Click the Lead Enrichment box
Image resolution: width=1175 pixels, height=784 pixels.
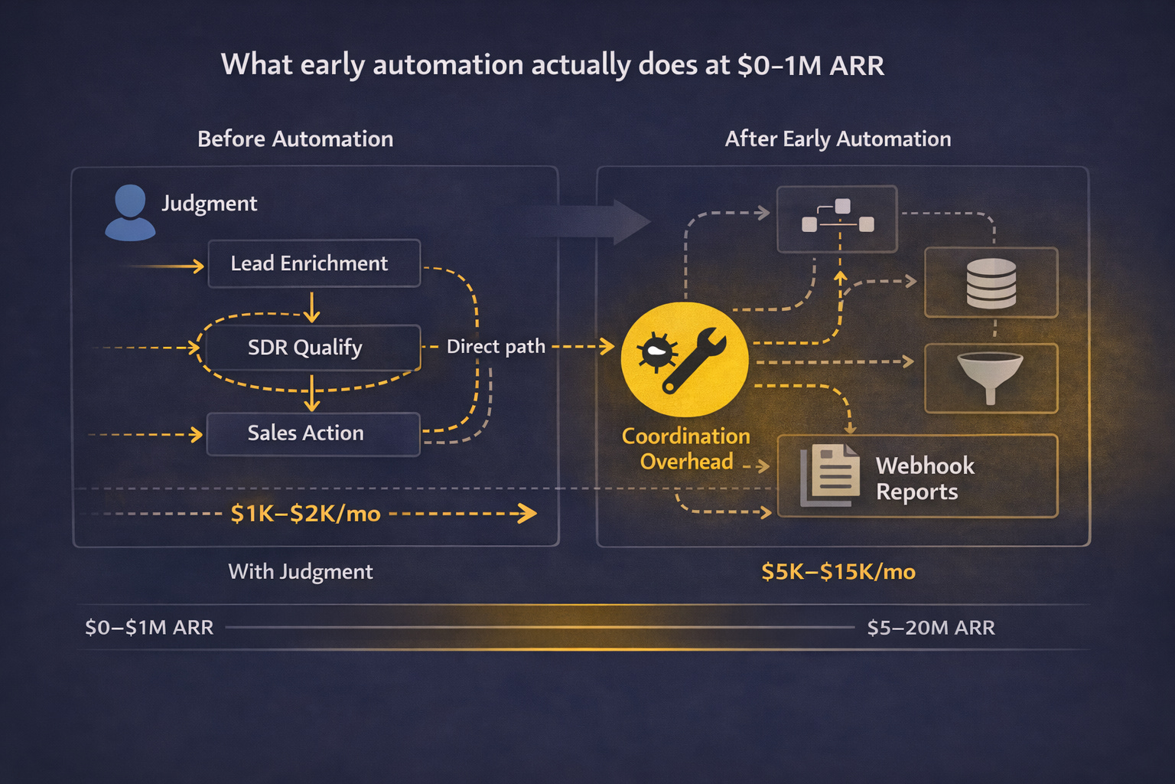314,263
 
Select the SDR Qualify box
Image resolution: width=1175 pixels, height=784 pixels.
306,348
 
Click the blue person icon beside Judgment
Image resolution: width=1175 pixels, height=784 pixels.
130,212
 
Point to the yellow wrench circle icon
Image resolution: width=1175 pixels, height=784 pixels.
685,358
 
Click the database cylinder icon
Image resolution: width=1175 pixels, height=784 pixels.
991,283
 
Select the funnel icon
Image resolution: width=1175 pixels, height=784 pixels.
991,377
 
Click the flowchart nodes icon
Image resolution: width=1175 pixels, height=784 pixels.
838,218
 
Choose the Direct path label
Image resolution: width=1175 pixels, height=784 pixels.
496,347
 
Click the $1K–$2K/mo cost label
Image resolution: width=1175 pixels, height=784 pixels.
305,514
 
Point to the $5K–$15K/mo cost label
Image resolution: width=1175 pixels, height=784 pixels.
838,572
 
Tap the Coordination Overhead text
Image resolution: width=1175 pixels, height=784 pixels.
686,449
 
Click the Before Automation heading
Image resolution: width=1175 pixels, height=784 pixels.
295,139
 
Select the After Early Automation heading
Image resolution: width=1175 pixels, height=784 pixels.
838,139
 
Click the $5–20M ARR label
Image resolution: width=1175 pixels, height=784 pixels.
930,628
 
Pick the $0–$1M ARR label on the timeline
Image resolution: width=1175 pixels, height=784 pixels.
149,628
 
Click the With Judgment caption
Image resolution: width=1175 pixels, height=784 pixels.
301,572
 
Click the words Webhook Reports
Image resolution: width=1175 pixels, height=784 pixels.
925,479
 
